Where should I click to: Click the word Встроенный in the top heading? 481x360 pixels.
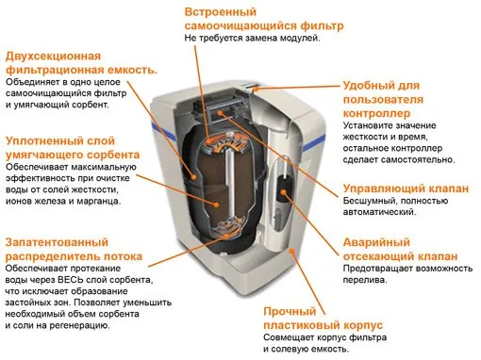[x=221, y=12]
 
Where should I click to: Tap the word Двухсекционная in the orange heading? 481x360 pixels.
[x=53, y=57]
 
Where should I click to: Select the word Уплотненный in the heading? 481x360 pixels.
[x=60, y=141]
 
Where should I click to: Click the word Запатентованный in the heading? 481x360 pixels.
[x=57, y=242]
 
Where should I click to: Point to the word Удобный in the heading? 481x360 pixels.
[x=366, y=86]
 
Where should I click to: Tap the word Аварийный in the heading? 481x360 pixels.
[x=376, y=242]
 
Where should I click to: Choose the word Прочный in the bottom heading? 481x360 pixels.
[x=290, y=311]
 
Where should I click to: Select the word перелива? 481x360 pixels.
[x=364, y=280]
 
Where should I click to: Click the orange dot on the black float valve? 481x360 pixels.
[x=284, y=192]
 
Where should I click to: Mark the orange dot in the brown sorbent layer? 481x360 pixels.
[x=216, y=205]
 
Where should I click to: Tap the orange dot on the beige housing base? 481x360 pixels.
[x=291, y=251]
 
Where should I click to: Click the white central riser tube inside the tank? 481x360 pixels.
[x=230, y=182]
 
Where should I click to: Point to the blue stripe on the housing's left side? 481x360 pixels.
[x=163, y=130]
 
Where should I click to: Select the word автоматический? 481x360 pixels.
[x=379, y=212]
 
